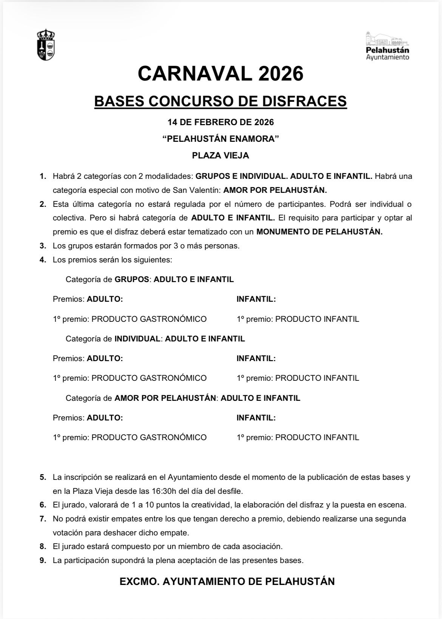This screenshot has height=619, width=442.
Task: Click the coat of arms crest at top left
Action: point(45,45)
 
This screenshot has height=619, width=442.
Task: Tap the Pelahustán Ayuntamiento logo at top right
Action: point(387,46)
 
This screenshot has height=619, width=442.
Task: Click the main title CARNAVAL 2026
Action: point(221,73)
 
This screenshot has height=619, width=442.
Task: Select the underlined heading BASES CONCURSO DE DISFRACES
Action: point(220,101)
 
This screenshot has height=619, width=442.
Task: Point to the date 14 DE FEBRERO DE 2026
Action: point(221,123)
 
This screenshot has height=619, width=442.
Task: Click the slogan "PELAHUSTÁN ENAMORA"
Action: point(221,139)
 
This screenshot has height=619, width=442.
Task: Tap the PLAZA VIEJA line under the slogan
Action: point(221,155)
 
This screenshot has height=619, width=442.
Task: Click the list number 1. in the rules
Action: point(43,176)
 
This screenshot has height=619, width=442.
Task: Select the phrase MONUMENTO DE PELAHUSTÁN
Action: point(319,232)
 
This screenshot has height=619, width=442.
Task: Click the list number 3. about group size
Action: point(43,246)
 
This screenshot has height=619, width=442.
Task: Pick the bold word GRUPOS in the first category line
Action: point(132,279)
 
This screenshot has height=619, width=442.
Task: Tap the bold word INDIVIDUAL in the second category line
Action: point(138,339)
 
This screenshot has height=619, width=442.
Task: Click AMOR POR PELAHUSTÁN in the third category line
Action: point(165,398)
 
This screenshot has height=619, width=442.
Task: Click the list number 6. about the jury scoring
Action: point(43,505)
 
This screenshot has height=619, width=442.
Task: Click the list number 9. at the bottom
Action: point(43,560)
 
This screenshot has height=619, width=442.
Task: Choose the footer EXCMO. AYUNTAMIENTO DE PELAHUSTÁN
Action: point(227,582)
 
